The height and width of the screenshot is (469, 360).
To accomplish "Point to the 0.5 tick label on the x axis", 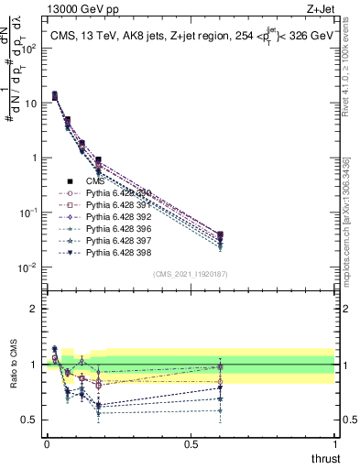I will [191, 442].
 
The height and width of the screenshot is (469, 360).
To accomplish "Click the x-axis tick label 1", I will [335, 442].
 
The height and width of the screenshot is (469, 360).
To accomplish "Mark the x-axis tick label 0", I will [47, 442].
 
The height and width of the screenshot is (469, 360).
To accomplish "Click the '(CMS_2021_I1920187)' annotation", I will [190, 274].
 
